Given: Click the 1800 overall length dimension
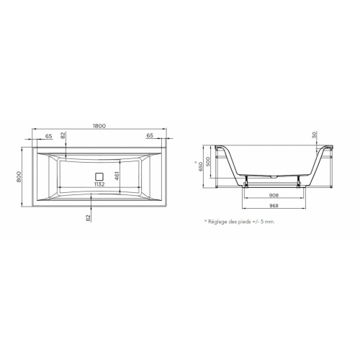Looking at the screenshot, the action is coord(99,126).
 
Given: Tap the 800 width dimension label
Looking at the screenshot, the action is coord(19,177).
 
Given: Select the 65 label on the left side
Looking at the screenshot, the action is coord(49,136).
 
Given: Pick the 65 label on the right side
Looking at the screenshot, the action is coord(150,135).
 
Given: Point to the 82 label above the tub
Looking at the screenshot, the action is coord(63,135).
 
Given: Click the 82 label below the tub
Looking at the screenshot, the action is coord(89,217).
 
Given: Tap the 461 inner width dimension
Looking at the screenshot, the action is coord(117,177).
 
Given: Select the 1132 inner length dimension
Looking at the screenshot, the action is coord(99,184).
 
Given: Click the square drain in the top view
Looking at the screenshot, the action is coord(99,176).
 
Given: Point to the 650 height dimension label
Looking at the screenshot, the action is coord(201,166).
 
